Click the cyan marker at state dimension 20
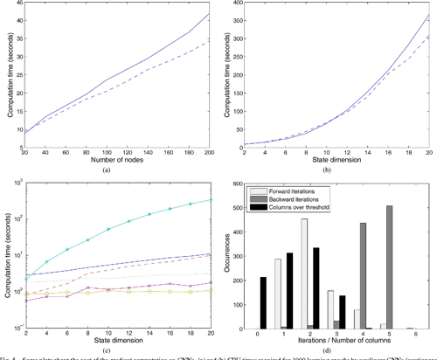(210, 200)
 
